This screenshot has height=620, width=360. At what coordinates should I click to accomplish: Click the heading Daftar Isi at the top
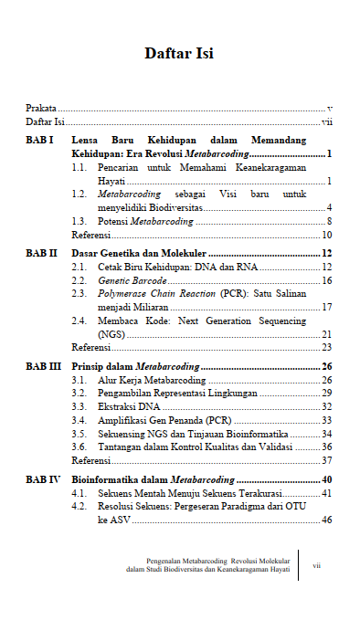click(x=179, y=53)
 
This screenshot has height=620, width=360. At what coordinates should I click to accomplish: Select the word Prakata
click(x=41, y=108)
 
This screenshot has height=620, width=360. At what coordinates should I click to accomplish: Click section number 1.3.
click(x=79, y=222)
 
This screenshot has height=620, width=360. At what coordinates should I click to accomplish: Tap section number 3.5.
click(x=79, y=434)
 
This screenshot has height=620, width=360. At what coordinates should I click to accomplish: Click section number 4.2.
click(x=79, y=506)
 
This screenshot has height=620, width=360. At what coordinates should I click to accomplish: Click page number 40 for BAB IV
click(x=326, y=479)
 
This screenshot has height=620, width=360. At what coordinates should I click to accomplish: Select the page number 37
click(x=326, y=461)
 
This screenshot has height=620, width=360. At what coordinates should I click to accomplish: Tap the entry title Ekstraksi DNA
click(x=128, y=406)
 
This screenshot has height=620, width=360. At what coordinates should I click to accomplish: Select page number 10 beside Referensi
click(x=326, y=236)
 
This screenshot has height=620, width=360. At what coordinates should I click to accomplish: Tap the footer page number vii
click(x=316, y=565)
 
